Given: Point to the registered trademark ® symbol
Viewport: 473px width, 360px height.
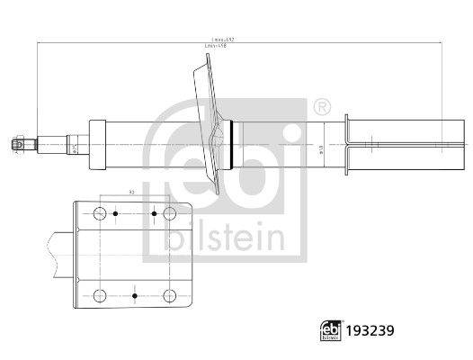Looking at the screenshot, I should pyautogui.click(x=322, y=108).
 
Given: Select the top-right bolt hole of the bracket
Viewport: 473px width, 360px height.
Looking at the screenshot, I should pyautogui.click(x=167, y=213).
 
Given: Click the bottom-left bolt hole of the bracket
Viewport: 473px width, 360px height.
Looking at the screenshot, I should pyautogui.click(x=99, y=294).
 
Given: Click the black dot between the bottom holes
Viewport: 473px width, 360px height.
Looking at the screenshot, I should pyautogui.click(x=133, y=294).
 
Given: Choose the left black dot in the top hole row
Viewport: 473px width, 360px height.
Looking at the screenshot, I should pyautogui.click(x=115, y=213).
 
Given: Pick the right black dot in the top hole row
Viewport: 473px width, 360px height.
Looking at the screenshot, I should pyautogui.click(x=155, y=213).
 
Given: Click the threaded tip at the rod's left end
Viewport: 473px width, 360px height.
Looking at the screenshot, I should pyautogui.click(x=17, y=141).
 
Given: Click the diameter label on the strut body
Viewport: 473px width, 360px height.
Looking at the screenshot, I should pyautogui.click(x=320, y=150).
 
